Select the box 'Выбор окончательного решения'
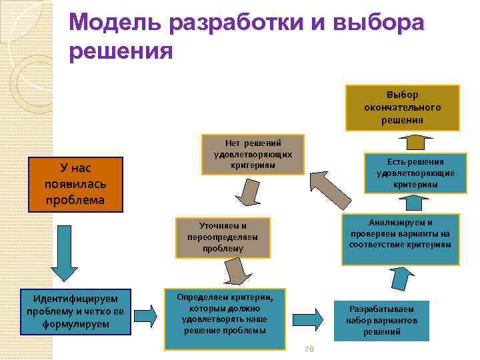tap(402, 107)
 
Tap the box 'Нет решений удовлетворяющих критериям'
tap(253, 155)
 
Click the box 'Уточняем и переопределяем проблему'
tap(223, 237)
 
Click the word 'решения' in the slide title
tap(120, 51)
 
